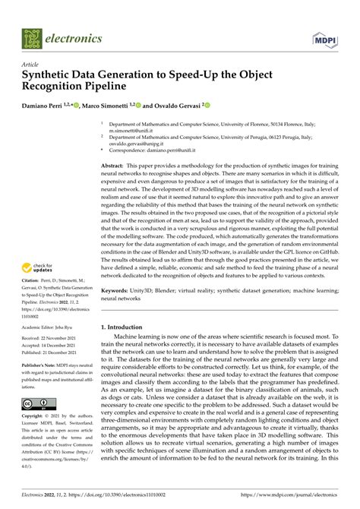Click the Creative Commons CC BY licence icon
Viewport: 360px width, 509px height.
pos(37,403)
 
